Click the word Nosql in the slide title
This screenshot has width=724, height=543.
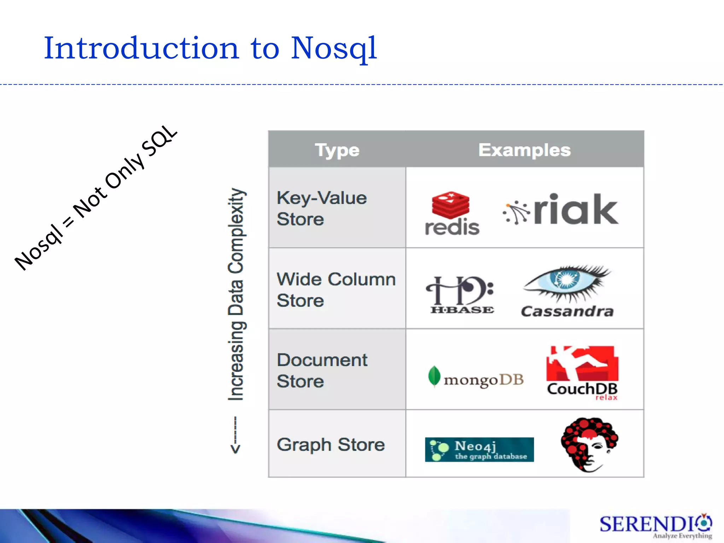(x=334, y=49)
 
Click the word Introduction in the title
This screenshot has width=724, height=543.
(x=141, y=48)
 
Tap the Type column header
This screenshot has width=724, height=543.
(x=337, y=150)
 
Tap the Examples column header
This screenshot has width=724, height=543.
(x=524, y=150)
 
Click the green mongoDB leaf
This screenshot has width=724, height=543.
(x=434, y=376)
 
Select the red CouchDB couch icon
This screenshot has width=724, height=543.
(x=582, y=363)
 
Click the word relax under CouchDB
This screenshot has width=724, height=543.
(x=606, y=398)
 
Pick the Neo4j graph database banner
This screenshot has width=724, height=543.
(x=479, y=449)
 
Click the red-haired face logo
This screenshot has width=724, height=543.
(x=589, y=444)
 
